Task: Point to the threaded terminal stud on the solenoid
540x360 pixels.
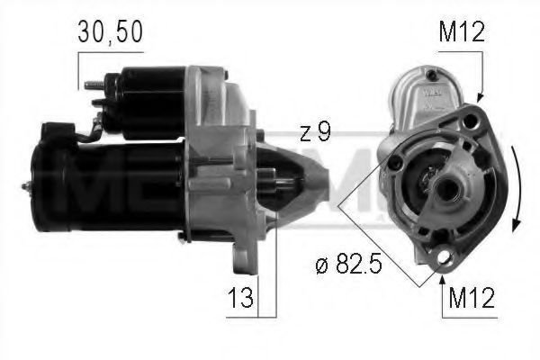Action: pyautogui.click(x=91, y=86)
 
